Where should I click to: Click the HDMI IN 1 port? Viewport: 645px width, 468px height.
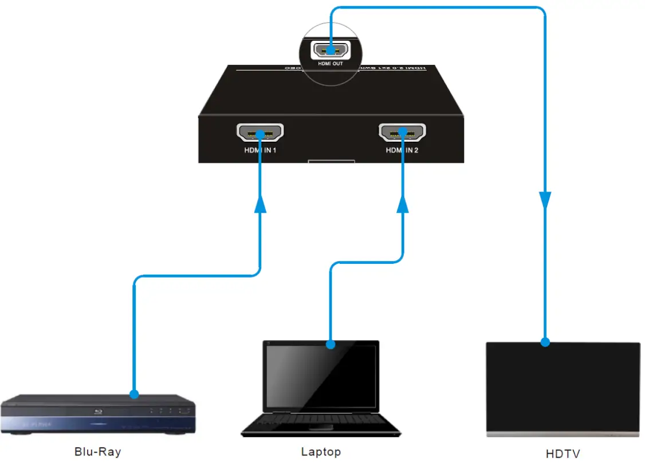(x=260, y=134)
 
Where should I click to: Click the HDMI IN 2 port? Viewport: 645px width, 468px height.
(x=403, y=133)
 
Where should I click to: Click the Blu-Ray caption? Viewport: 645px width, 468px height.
(x=98, y=451)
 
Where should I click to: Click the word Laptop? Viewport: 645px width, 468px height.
(x=321, y=451)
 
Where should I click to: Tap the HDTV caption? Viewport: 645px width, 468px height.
(x=563, y=454)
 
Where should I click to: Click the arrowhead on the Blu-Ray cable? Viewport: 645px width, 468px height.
(x=261, y=204)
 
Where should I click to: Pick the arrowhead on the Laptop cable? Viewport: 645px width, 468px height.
(x=403, y=204)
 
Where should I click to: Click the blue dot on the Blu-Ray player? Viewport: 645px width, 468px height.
(x=134, y=395)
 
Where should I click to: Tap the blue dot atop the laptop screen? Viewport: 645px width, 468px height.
(x=330, y=345)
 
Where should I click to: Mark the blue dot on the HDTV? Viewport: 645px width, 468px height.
(x=545, y=342)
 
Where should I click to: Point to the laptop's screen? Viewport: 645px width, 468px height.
(x=321, y=376)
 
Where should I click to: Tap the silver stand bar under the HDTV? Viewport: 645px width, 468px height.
(x=563, y=434)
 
